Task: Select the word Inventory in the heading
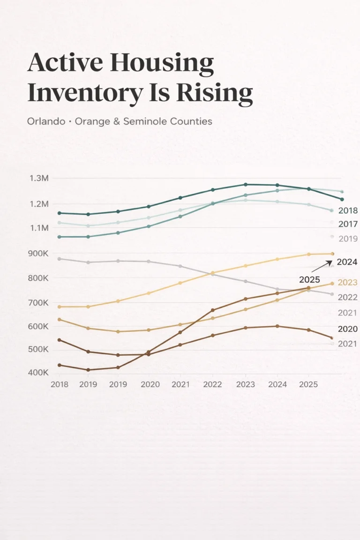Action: click(x=84, y=93)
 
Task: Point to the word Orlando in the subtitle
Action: click(x=45, y=121)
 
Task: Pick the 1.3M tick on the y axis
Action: click(x=39, y=179)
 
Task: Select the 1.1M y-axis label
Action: click(x=39, y=228)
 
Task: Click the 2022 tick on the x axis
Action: click(x=213, y=384)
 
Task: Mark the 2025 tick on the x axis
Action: click(x=308, y=384)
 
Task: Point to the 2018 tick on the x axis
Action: click(x=59, y=384)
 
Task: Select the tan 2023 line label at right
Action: click(x=347, y=283)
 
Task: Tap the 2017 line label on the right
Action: click(x=347, y=225)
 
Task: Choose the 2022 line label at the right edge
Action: click(x=347, y=297)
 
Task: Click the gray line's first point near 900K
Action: click(x=59, y=259)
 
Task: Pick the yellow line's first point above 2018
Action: click(x=59, y=307)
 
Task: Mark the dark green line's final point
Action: click(x=342, y=199)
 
